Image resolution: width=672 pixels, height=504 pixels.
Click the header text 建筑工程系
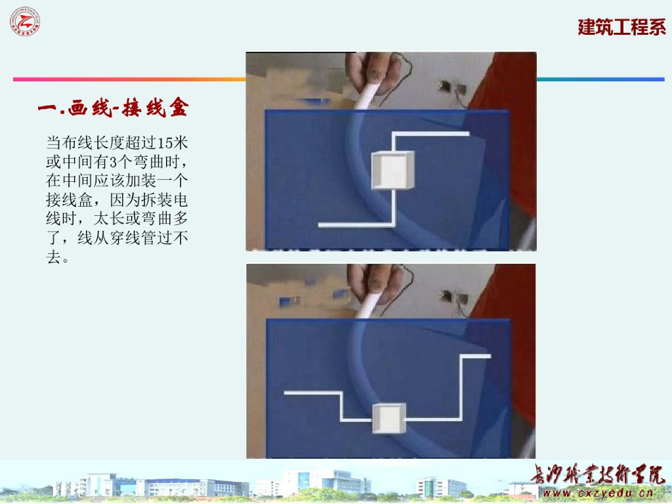pyautogui.click(x=621, y=28)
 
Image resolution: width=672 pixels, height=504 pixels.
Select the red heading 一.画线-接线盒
pyautogui.click(x=113, y=108)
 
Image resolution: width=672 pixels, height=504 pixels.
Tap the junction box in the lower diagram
pyautogui.click(x=388, y=419)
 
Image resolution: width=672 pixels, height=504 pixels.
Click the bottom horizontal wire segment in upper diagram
pyautogui.click(x=354, y=224)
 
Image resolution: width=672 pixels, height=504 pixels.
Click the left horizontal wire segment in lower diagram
pyautogui.click(x=312, y=393)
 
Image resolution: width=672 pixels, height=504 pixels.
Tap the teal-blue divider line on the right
pyautogui.click(x=600, y=79)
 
